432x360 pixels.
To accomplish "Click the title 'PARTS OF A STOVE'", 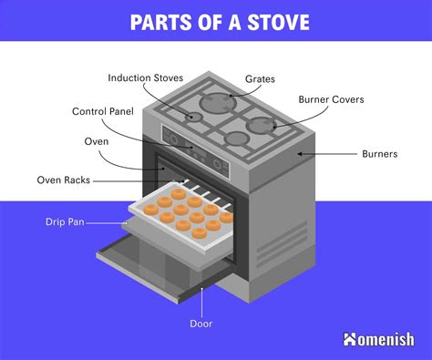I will (216, 21).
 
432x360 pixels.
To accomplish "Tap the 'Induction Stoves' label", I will (144, 77).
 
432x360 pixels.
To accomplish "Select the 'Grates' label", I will (261, 79).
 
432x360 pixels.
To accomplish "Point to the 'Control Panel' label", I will (102, 112).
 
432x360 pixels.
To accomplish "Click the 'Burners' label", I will (378, 154).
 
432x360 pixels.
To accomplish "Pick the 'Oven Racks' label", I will (63, 180).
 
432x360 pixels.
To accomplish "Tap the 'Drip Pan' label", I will (67, 221).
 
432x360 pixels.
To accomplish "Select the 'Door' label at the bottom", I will (201, 324).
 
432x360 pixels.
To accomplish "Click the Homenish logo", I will (378, 340).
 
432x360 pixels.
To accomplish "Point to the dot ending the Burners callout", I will (297, 154).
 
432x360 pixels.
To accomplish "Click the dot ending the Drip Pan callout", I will (126, 221).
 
